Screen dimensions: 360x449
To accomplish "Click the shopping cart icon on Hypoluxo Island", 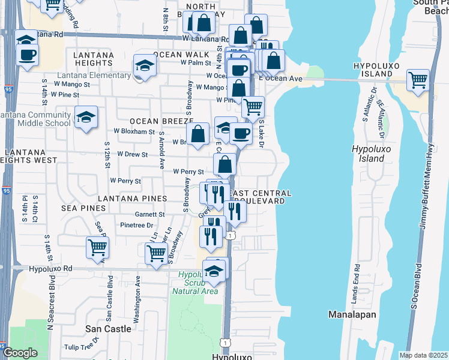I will pos(418,80).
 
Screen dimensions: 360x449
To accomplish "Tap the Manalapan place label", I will pos(352,314).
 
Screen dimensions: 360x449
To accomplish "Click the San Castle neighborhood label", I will pos(108,329).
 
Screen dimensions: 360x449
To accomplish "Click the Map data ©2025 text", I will pos(423,355).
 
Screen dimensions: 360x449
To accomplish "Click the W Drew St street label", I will pos(133,154).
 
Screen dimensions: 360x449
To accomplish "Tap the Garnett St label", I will pos(149,214).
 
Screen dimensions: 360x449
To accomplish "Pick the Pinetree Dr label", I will pos(137,225).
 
